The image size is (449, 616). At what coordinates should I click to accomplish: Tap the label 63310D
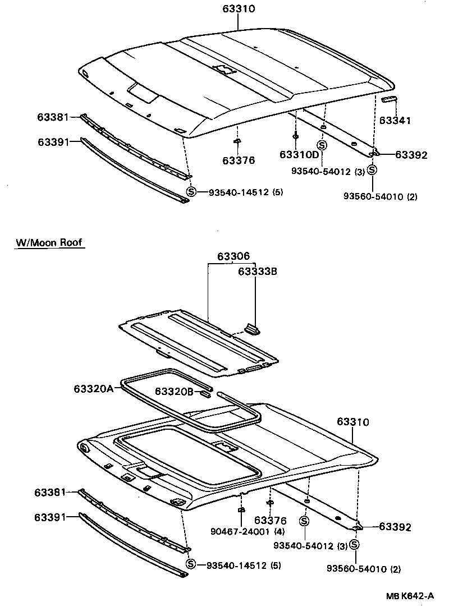tap(299, 154)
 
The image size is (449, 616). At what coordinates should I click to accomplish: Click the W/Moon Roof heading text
tap(49, 242)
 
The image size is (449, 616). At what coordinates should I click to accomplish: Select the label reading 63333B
tap(258, 272)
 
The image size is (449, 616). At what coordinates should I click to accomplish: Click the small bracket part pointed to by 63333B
tap(251, 327)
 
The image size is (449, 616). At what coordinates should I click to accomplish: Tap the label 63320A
tap(93, 388)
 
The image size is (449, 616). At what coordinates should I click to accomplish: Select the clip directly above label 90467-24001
tap(241, 510)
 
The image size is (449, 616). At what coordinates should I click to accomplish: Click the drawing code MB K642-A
tap(410, 596)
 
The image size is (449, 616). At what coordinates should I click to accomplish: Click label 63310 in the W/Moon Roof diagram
tap(353, 421)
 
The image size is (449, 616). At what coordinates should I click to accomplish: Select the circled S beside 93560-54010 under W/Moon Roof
tap(355, 545)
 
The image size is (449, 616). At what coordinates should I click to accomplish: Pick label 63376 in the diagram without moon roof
tap(238, 160)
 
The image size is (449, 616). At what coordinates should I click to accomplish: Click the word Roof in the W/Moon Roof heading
tap(71, 242)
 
